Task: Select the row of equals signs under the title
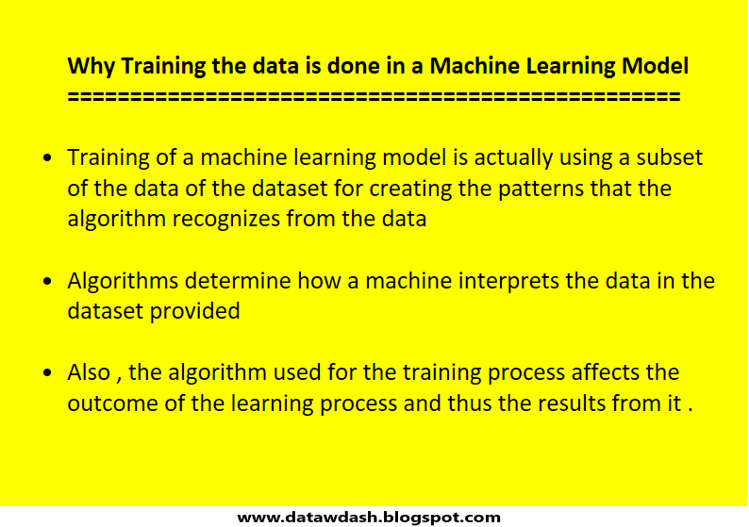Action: coord(374,95)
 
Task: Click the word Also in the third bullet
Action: coord(89,371)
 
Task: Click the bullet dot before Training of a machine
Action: coord(48,158)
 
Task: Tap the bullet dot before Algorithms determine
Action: coord(48,281)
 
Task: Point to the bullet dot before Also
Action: coord(48,372)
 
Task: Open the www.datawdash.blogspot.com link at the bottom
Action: coord(369,517)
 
